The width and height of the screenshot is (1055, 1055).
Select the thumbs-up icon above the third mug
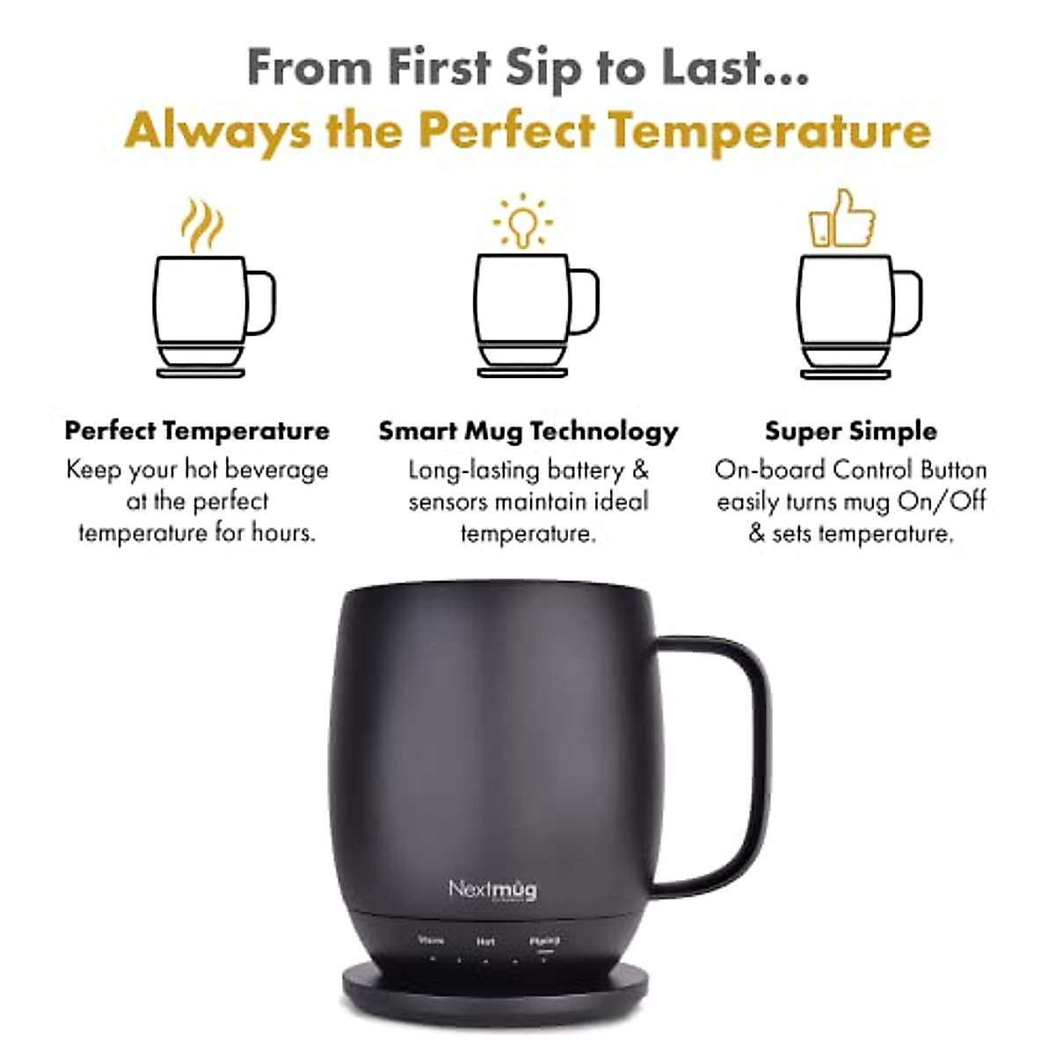842,218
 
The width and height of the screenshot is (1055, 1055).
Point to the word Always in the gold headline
217,131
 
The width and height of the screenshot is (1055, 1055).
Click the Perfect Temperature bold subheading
197,431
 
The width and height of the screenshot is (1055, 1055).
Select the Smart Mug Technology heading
528,431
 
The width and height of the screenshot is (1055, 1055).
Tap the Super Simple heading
850,431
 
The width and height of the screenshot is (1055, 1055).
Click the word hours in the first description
282,533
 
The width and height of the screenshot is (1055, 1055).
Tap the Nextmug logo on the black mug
492,889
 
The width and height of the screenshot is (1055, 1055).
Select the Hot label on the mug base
485,942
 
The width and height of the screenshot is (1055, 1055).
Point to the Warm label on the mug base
430,941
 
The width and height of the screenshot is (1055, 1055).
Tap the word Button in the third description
953,469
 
